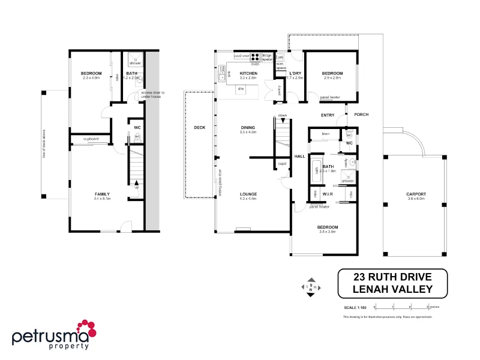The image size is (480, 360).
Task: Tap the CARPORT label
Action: tap(416, 194)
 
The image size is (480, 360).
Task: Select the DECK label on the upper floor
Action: tap(200, 127)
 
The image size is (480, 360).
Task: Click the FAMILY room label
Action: tap(102, 194)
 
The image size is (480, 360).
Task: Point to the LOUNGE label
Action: tap(248, 194)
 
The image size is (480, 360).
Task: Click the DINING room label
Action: tap(248, 127)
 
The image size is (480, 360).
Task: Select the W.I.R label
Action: tap(327, 194)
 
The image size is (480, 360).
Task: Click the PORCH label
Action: tap(361, 115)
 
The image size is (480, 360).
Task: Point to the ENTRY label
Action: tap(328, 115)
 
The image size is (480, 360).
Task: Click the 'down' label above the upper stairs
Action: tap(282, 116)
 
